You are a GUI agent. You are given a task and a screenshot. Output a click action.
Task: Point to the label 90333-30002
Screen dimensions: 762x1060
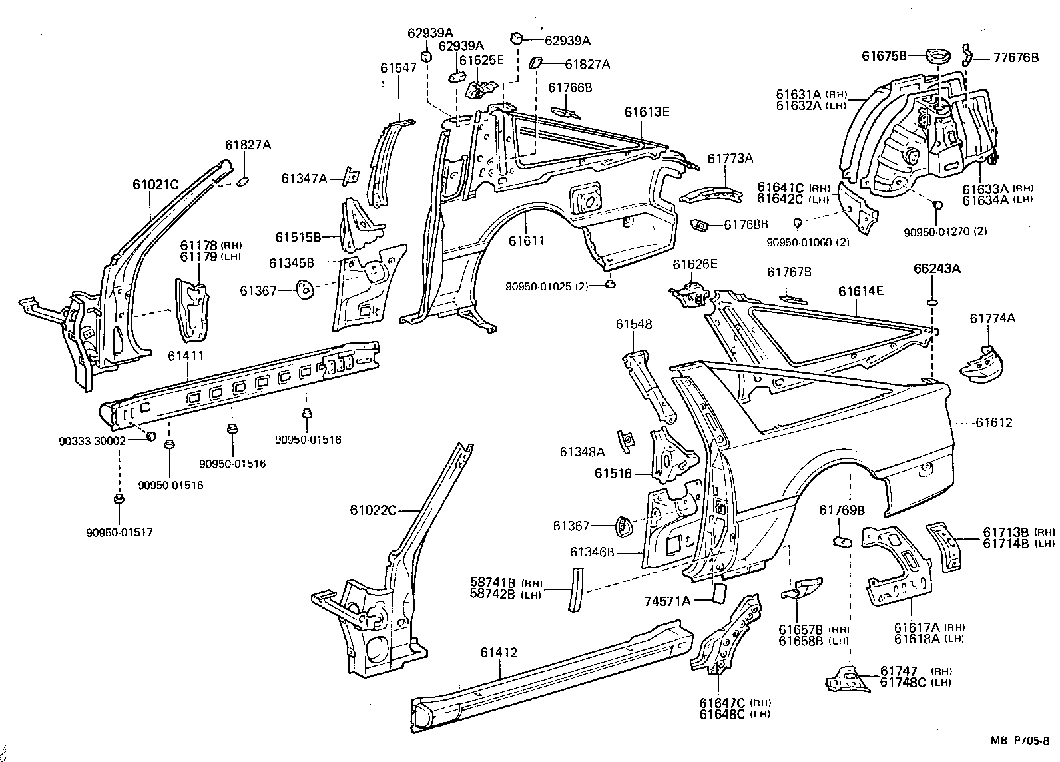click(92, 441)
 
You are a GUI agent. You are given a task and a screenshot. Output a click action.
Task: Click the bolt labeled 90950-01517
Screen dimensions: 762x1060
click(119, 499)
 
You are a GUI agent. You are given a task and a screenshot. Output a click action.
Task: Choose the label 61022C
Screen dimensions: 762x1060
click(373, 510)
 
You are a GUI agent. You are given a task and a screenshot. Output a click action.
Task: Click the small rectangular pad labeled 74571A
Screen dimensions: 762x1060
click(718, 592)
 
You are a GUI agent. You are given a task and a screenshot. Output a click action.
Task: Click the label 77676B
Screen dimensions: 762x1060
click(1016, 57)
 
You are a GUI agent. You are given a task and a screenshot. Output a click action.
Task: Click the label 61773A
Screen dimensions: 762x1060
click(730, 158)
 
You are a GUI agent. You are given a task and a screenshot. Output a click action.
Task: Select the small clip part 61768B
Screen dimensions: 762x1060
click(699, 225)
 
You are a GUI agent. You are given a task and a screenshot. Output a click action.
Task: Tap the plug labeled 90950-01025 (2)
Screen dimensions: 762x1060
click(609, 284)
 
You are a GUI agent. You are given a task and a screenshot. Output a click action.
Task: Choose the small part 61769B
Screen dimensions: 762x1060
click(842, 540)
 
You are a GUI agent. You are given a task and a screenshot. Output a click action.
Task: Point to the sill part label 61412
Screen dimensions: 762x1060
click(498, 653)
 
